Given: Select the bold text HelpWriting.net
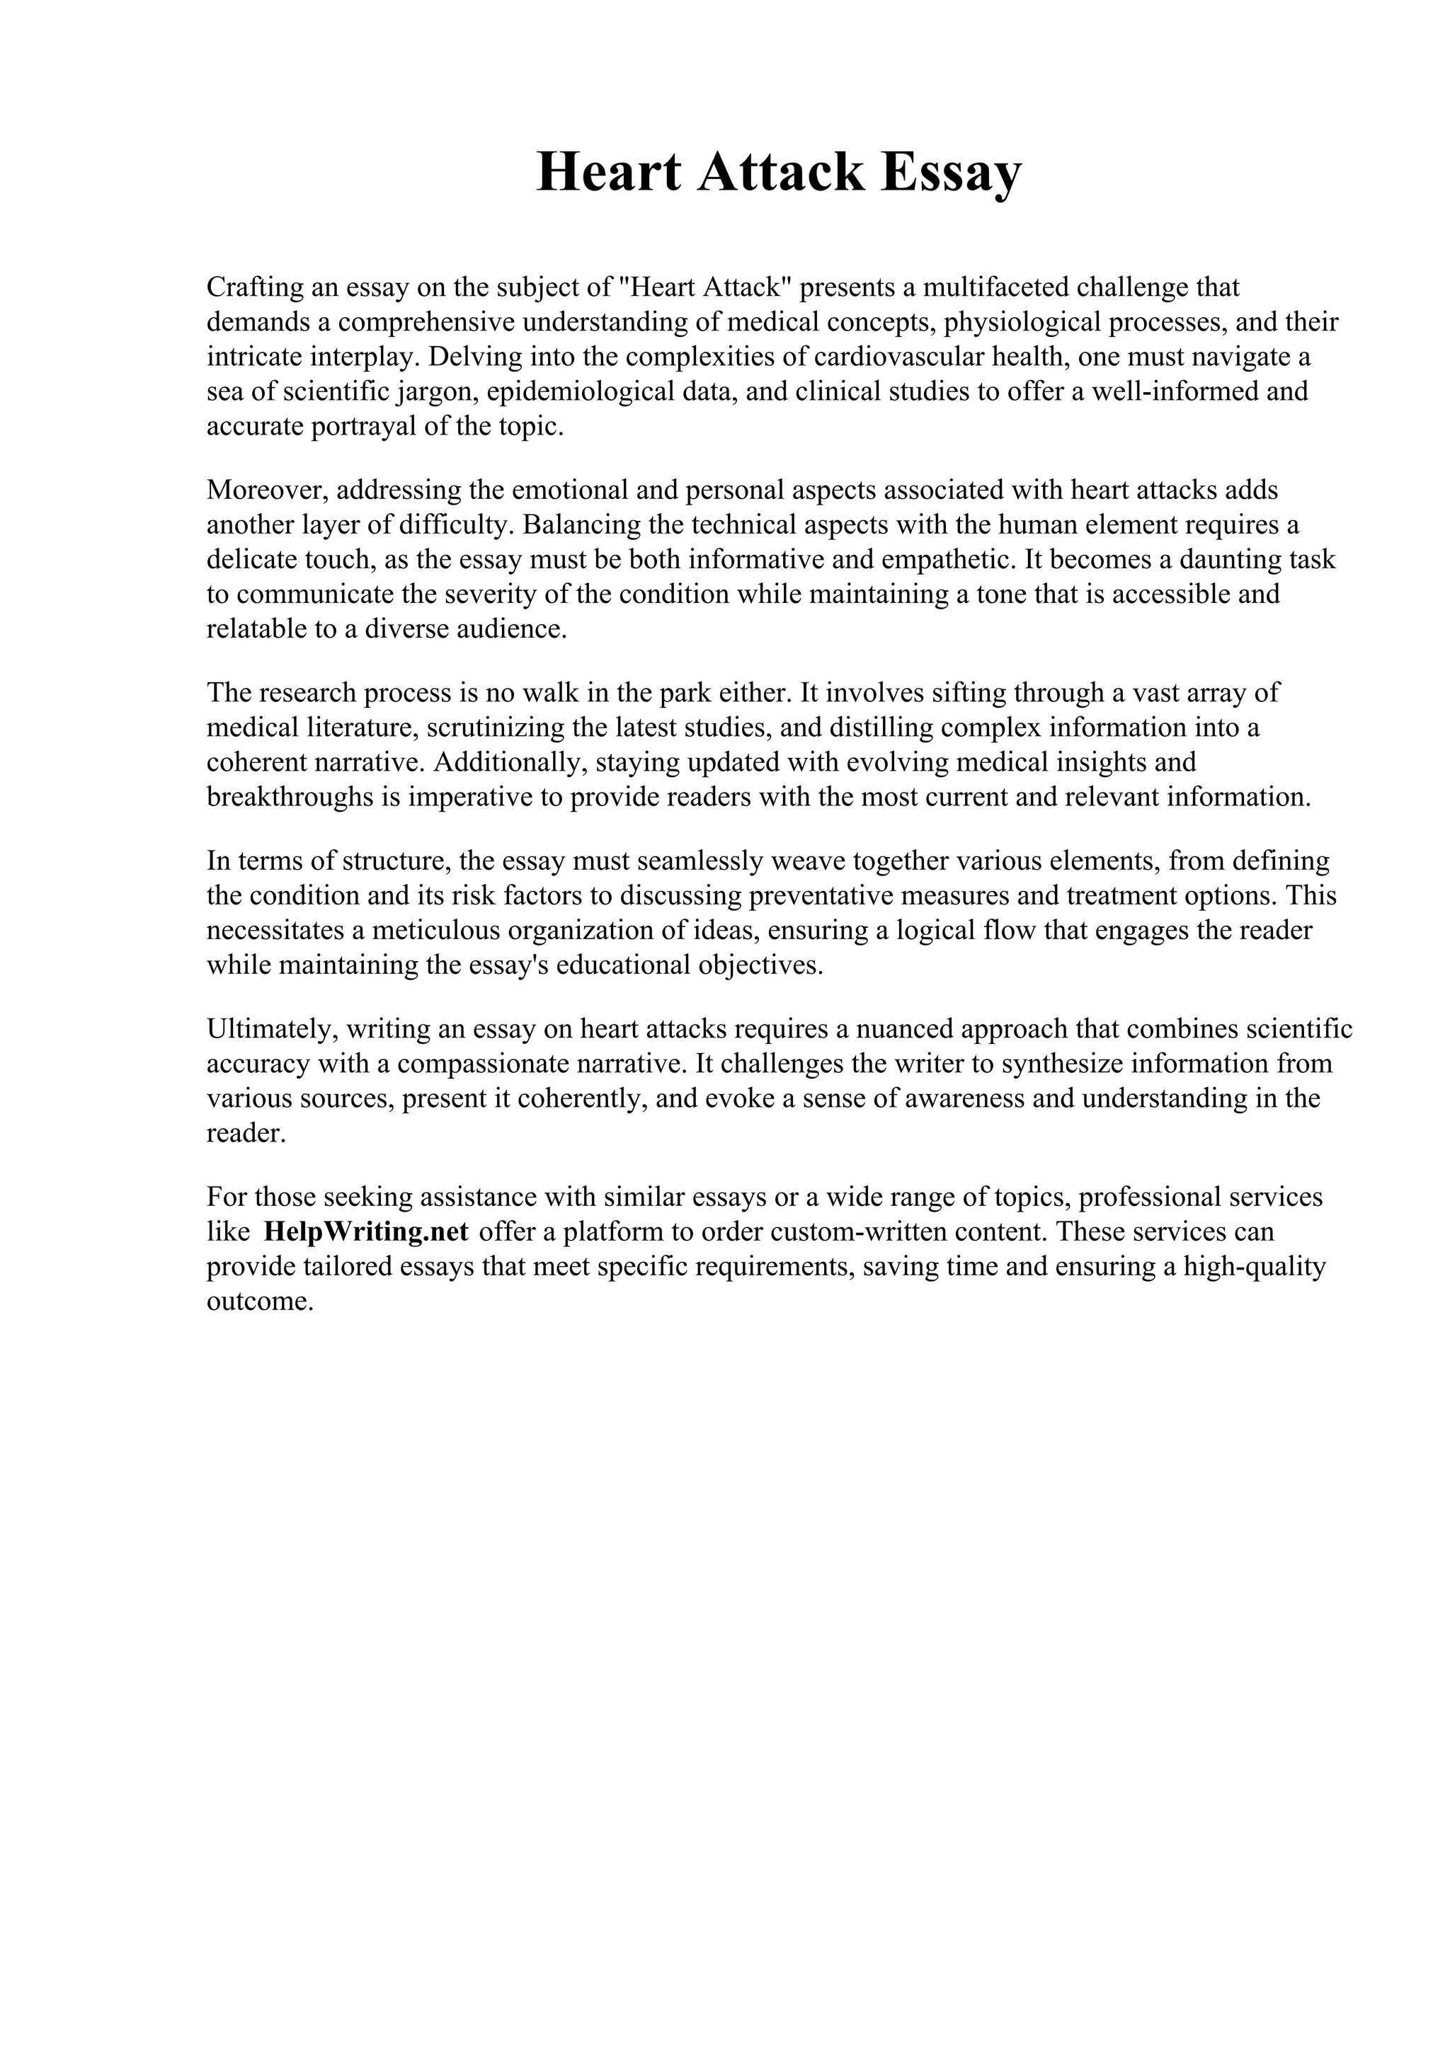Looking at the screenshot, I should tap(366, 1232).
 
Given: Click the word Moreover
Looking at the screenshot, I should tap(266, 490).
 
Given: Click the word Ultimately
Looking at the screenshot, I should tap(270, 1029).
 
